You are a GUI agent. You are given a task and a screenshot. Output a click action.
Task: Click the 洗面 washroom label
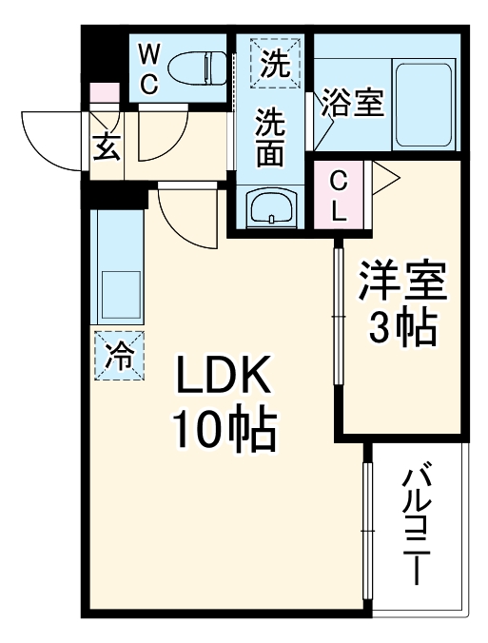(271, 137)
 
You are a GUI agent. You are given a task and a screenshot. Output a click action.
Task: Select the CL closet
(339, 195)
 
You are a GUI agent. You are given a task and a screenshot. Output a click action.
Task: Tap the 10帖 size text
(224, 433)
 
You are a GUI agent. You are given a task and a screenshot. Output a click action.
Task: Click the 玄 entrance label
(106, 147)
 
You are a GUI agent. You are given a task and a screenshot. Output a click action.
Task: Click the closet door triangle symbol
(383, 178)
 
